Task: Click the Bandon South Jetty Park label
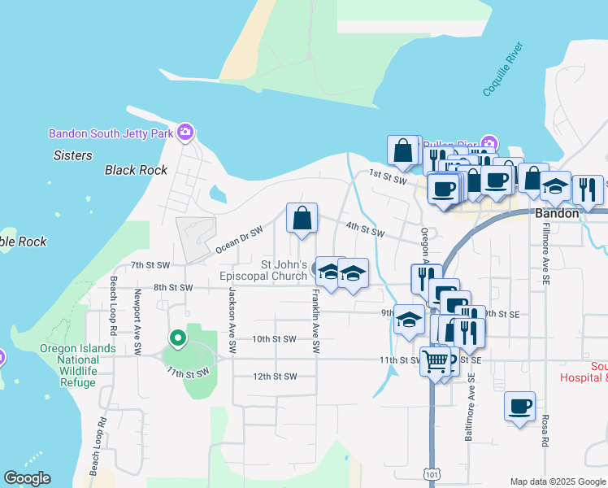point(111,133)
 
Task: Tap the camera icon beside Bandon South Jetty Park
point(185,132)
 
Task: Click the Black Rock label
point(136,170)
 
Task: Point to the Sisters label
point(73,155)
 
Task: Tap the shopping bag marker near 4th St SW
point(302,219)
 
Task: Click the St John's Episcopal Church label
point(283,271)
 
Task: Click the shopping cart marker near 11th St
point(436,360)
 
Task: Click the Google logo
point(27,478)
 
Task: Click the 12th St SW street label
point(274,377)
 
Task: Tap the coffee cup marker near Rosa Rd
point(519,406)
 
